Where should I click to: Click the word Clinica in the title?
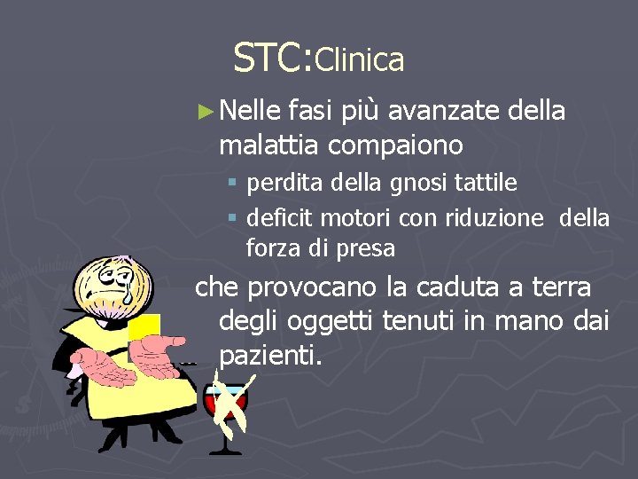tap(359, 60)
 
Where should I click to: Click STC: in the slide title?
tap(272, 58)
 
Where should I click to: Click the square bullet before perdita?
tap(232, 185)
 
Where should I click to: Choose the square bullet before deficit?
tap(232, 218)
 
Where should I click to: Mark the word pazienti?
tap(270, 356)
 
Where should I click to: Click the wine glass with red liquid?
tap(227, 404)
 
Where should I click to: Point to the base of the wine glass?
tap(225, 451)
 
